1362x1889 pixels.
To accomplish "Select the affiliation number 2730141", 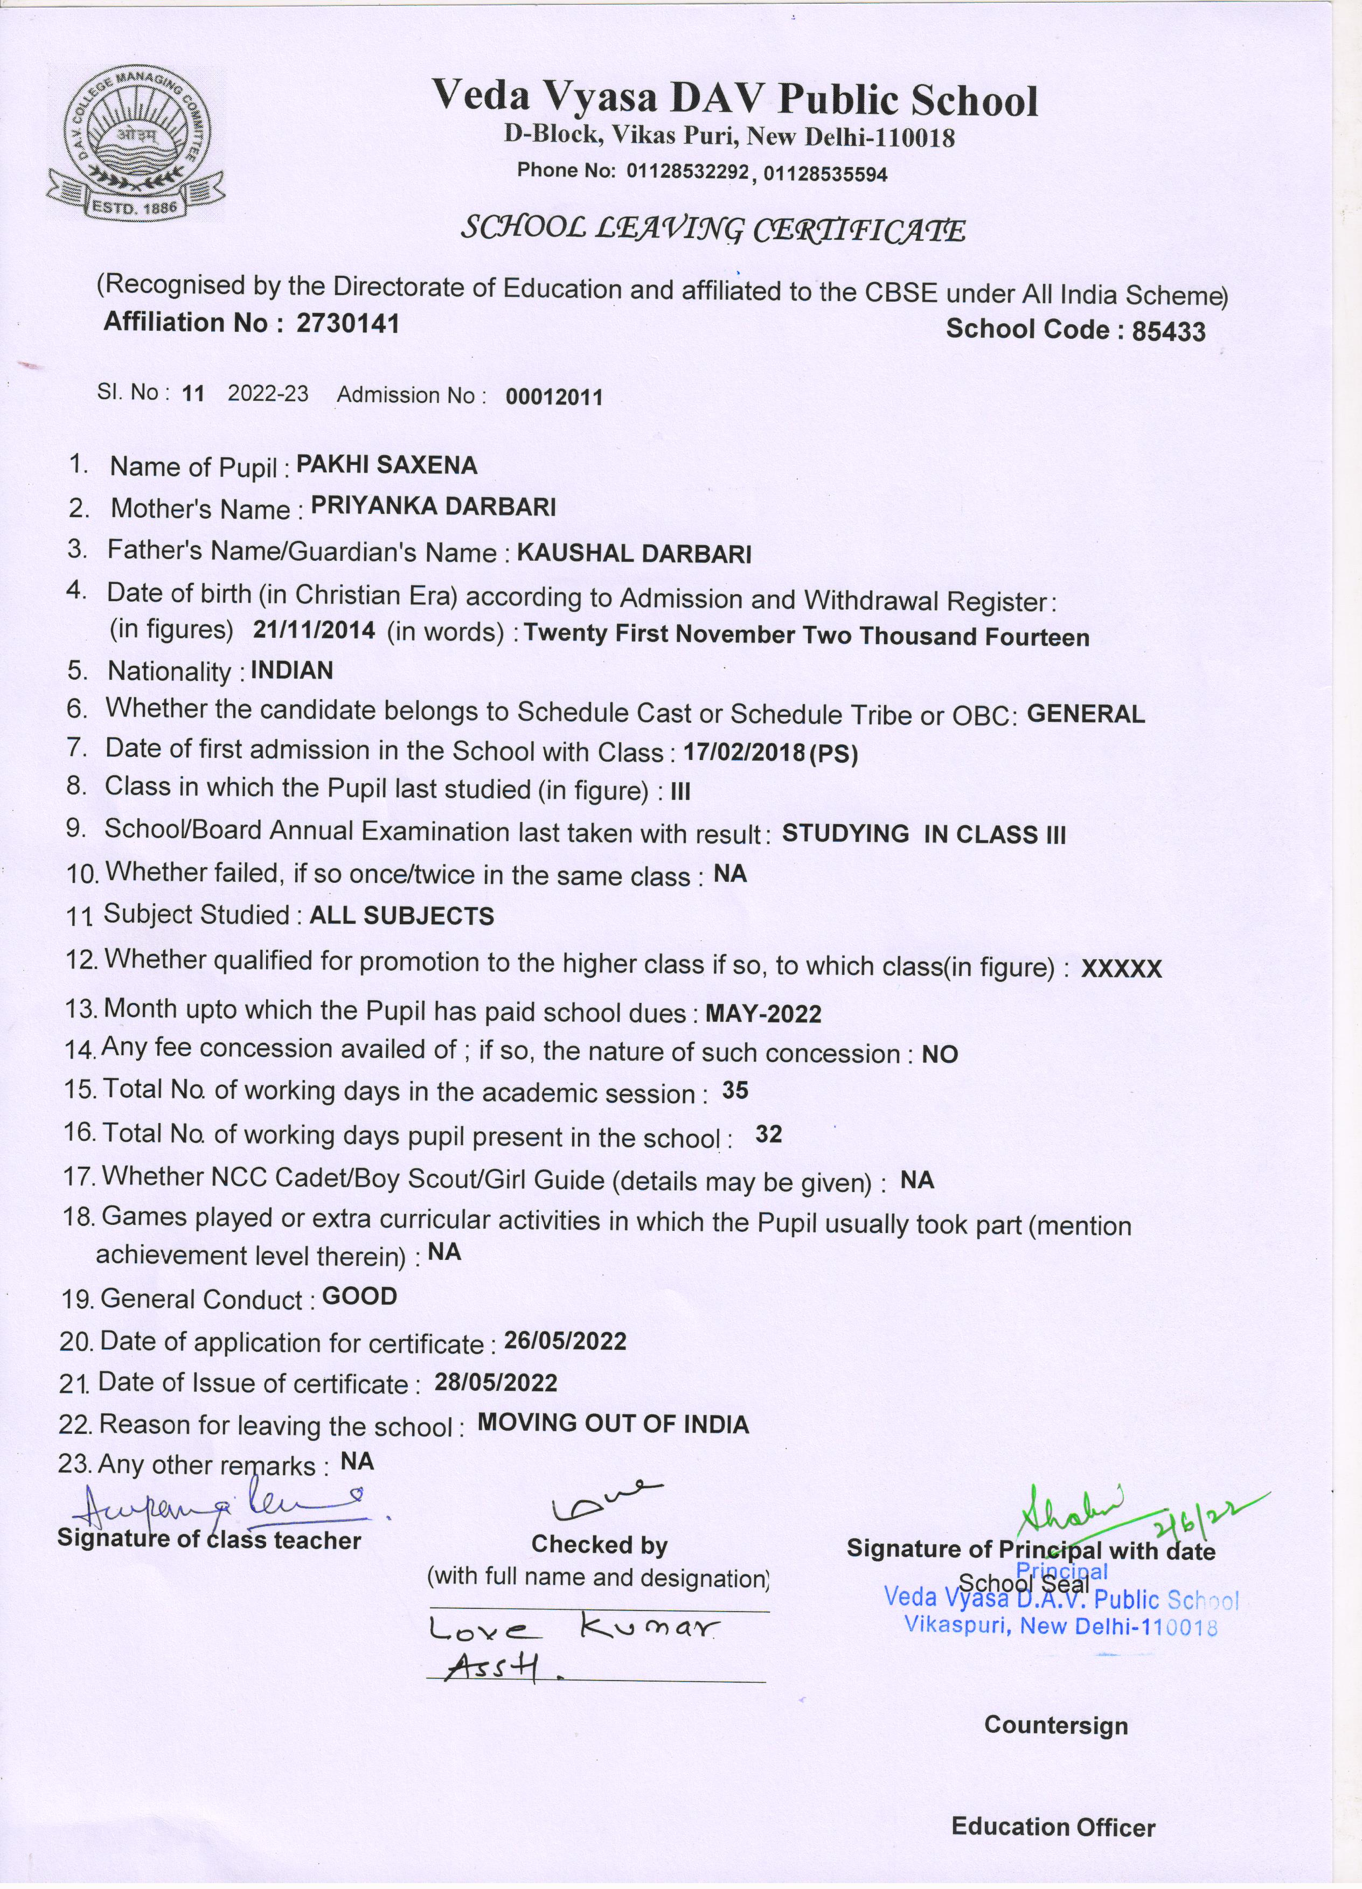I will click(348, 323).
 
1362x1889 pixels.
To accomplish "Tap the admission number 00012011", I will click(553, 396).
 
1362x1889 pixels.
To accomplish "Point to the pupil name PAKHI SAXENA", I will click(386, 465).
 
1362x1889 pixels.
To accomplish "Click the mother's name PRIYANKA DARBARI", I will click(433, 506).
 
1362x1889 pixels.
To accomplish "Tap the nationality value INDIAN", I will click(291, 671).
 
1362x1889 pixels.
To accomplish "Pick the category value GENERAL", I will click(1086, 714).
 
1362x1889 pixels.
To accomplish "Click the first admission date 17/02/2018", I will click(745, 753).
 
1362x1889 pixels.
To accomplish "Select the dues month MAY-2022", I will click(763, 1014).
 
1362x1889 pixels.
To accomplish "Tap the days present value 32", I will click(768, 1134).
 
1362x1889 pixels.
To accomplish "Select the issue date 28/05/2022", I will click(496, 1383).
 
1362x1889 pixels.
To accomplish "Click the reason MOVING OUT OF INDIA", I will click(613, 1424).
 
